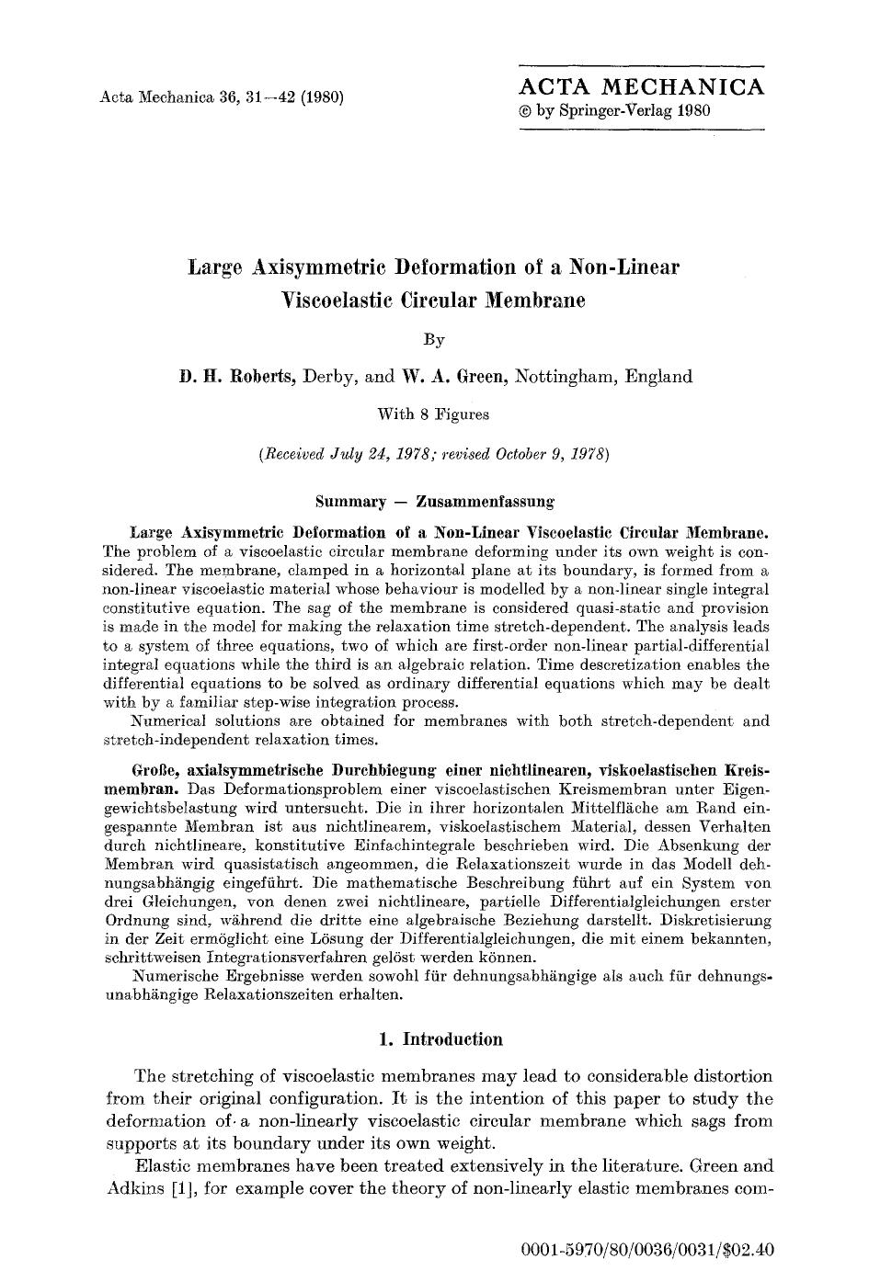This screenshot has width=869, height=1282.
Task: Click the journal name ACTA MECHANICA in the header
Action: coord(641,87)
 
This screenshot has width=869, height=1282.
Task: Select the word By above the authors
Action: coord(434,341)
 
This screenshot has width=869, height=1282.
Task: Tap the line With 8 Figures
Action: coord(433,414)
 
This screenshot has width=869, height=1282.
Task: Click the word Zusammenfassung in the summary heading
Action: coord(485,503)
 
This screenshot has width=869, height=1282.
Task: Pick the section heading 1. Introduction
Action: coord(440,1039)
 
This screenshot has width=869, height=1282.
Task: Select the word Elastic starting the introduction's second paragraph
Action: coord(162,1166)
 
